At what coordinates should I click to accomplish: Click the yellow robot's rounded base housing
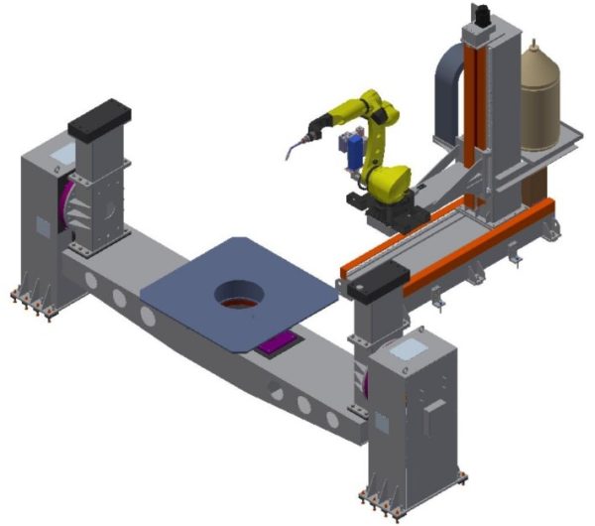click(x=388, y=179)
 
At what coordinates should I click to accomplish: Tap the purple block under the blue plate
click(x=279, y=345)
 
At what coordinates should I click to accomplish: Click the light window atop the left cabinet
click(x=60, y=153)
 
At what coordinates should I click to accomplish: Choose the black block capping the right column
click(x=381, y=286)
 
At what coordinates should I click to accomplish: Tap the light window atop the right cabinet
click(x=407, y=346)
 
